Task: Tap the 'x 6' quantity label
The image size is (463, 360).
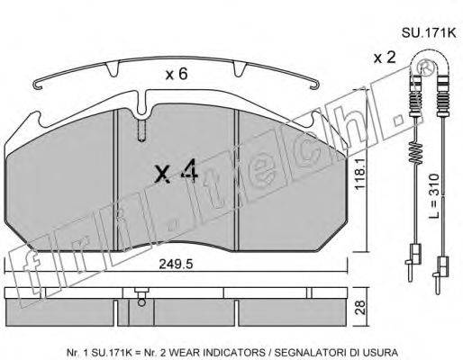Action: pos(177,76)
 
